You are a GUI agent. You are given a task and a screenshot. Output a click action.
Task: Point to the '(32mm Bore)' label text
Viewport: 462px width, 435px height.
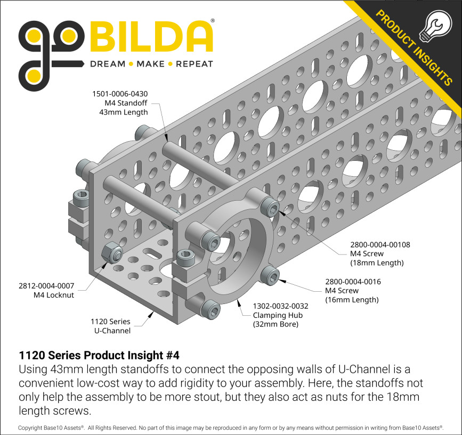coord(275,324)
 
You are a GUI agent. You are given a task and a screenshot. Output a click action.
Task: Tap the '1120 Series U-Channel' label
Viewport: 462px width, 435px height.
coord(110,326)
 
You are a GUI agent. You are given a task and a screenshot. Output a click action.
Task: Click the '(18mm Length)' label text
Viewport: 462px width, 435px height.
coord(377,263)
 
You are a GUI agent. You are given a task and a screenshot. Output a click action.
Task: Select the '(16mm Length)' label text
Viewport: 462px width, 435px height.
coord(352,300)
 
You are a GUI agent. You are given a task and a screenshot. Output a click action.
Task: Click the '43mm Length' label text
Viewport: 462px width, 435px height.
coord(123,112)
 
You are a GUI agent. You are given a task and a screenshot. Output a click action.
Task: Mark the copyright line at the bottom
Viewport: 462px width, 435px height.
coord(231,428)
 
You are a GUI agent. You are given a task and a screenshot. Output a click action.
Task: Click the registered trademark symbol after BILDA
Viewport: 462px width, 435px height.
coord(213,21)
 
